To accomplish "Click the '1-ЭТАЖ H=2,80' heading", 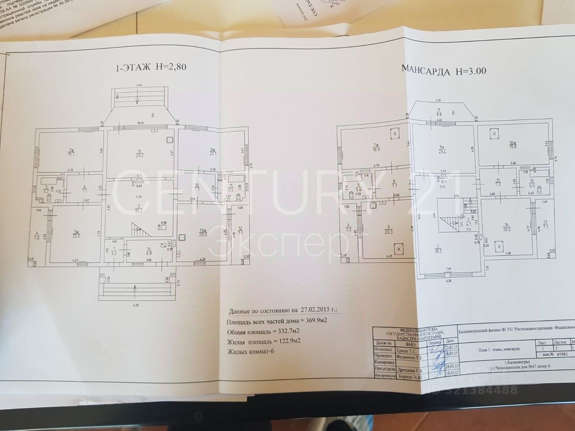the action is [x=151, y=68].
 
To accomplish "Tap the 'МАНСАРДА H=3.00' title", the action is [x=444, y=72].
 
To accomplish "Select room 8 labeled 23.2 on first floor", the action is [x=140, y=153].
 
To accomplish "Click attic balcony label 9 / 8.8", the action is [x=438, y=113].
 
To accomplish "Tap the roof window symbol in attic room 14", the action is [x=499, y=247].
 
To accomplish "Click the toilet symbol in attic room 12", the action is [x=540, y=190].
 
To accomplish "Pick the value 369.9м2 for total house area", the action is [x=317, y=320].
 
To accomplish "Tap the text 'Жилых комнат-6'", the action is [x=253, y=352].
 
